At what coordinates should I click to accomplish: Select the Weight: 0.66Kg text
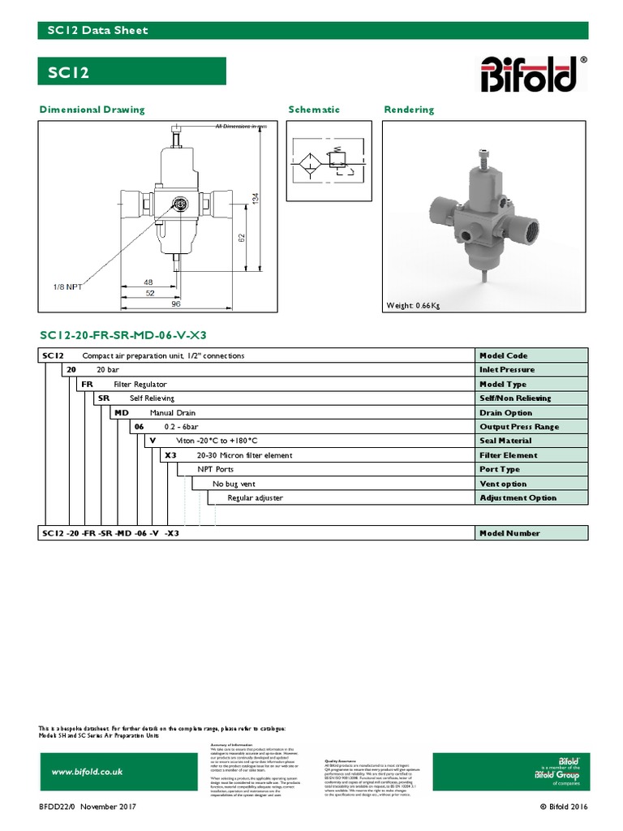pyautogui.click(x=413, y=306)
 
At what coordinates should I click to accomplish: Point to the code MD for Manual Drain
pyautogui.click(x=121, y=412)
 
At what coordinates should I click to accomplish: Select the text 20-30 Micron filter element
pyautogui.click(x=244, y=455)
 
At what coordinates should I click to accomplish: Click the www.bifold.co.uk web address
pyautogui.click(x=87, y=773)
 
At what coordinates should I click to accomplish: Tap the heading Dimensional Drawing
pyautogui.click(x=92, y=110)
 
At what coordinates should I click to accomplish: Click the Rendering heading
pyautogui.click(x=409, y=110)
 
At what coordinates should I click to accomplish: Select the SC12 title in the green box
pyautogui.click(x=69, y=72)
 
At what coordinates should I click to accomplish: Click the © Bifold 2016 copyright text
pyautogui.click(x=564, y=807)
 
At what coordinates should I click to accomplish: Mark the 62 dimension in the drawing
pyautogui.click(x=242, y=238)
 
